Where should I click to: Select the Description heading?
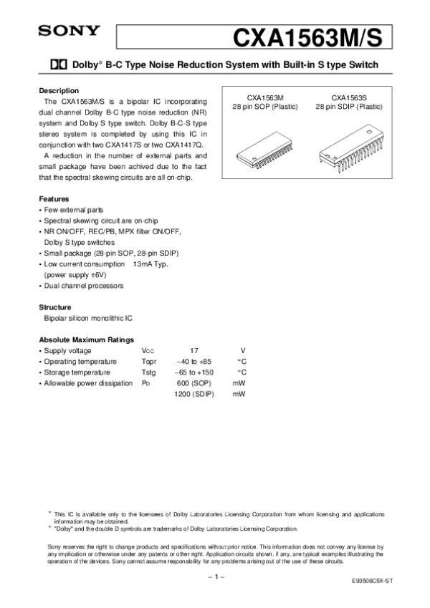click(59, 91)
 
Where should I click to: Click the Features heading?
click(54, 198)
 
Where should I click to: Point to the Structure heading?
click(55, 306)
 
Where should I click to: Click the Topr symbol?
click(150, 362)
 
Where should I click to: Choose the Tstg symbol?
click(149, 372)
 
